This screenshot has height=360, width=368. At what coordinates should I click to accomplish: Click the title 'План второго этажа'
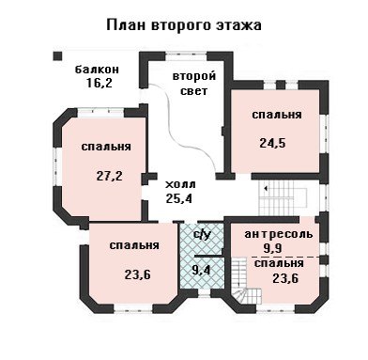184,25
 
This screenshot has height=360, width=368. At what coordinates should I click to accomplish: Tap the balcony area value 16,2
100,83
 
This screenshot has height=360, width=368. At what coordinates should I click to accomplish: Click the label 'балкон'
97,69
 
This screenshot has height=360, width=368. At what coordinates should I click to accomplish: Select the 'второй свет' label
194,84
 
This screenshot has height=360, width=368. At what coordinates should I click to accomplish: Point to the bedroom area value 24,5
272,143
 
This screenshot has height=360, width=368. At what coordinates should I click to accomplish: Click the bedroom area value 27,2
109,176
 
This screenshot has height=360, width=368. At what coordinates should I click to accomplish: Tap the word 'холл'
180,184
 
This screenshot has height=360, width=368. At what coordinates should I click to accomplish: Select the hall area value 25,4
179,198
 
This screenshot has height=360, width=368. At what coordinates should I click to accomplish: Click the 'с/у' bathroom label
202,234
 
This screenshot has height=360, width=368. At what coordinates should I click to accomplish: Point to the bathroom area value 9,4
201,270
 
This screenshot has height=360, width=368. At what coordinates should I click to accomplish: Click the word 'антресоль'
278,234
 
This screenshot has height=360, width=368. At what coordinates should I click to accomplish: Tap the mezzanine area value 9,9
273,248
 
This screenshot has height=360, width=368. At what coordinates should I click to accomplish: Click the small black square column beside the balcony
57,56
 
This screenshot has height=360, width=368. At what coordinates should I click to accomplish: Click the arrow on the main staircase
266,189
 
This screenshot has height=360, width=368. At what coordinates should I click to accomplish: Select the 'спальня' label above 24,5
277,115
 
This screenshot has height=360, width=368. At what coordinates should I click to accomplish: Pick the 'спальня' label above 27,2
106,147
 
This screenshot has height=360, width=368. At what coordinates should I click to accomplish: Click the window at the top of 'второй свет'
186,56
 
